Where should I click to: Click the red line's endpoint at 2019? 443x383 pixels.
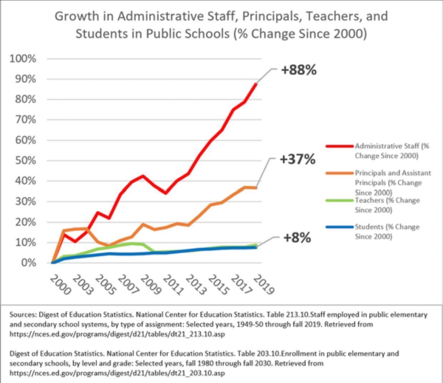pos(256,83)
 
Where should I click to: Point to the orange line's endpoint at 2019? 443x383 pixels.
pos(256,187)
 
